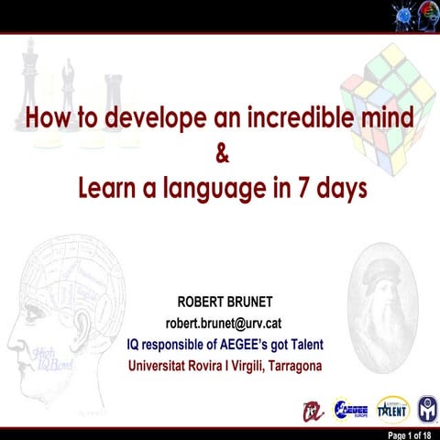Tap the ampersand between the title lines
pyautogui.click(x=221, y=153)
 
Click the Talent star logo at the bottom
pyautogui.click(x=390, y=409)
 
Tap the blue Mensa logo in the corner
pyautogui.click(x=427, y=409)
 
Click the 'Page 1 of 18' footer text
pyautogui.click(x=414, y=434)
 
